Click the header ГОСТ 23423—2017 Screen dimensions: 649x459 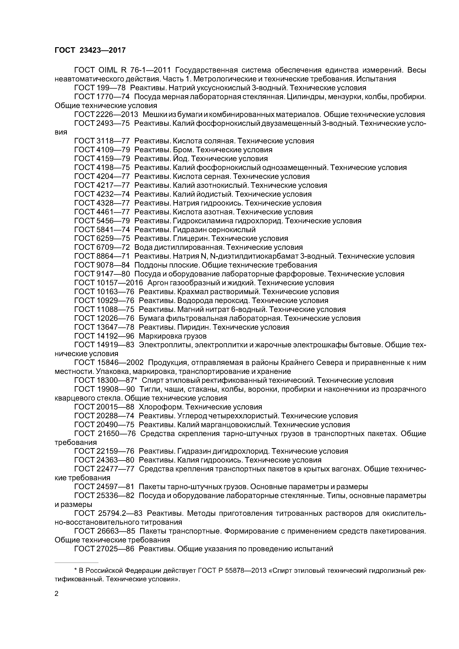(90, 50)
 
